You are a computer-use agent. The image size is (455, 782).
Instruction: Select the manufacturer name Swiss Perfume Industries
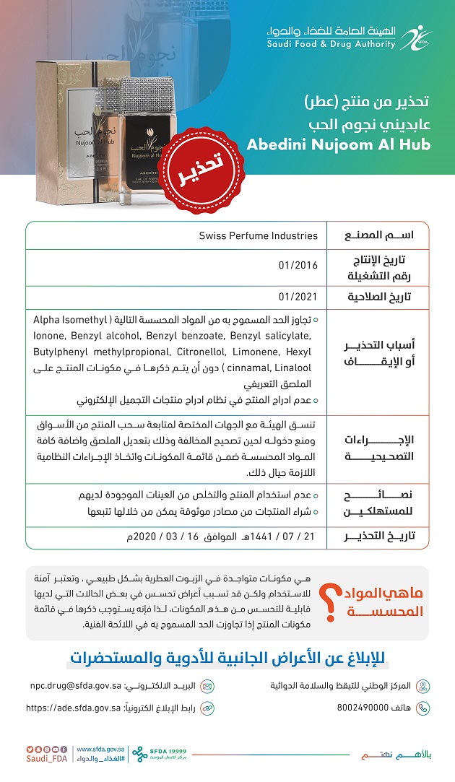pyautogui.click(x=258, y=235)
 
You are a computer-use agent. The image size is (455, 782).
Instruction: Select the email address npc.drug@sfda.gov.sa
pyautogui.click(x=75, y=685)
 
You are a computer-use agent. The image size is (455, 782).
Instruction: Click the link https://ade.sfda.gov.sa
pyautogui.click(x=73, y=708)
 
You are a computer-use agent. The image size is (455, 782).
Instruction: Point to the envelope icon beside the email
pyautogui.click(x=207, y=686)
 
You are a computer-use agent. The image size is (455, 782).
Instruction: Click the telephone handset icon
pyautogui.click(x=423, y=708)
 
